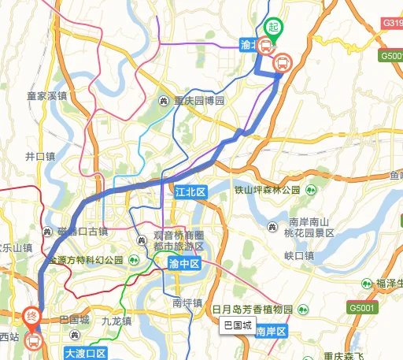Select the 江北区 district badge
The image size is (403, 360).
(189, 192)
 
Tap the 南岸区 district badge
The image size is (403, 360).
(272, 332)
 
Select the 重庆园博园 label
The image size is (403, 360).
(199, 101)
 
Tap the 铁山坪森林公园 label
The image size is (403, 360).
(268, 190)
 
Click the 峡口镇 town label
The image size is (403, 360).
(299, 255)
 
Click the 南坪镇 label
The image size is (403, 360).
(187, 302)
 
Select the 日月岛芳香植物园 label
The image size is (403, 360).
(252, 310)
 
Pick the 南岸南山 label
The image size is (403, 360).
(308, 223)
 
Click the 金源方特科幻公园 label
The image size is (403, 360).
(87, 260)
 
